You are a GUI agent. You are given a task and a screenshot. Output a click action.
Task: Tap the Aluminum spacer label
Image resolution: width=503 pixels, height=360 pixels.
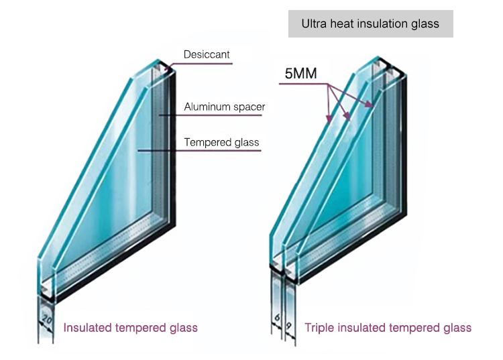225,107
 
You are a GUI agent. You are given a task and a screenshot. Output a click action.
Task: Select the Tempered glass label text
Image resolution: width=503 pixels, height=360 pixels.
221,142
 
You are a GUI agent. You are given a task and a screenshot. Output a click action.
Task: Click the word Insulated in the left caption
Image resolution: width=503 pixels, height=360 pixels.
86,328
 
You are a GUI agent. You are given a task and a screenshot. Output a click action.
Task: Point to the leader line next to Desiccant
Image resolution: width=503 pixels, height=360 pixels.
201,64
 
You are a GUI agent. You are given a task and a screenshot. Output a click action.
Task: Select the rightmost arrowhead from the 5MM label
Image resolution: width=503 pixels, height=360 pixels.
372,105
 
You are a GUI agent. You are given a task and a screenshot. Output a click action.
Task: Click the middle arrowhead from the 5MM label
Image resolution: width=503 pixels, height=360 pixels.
349,118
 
